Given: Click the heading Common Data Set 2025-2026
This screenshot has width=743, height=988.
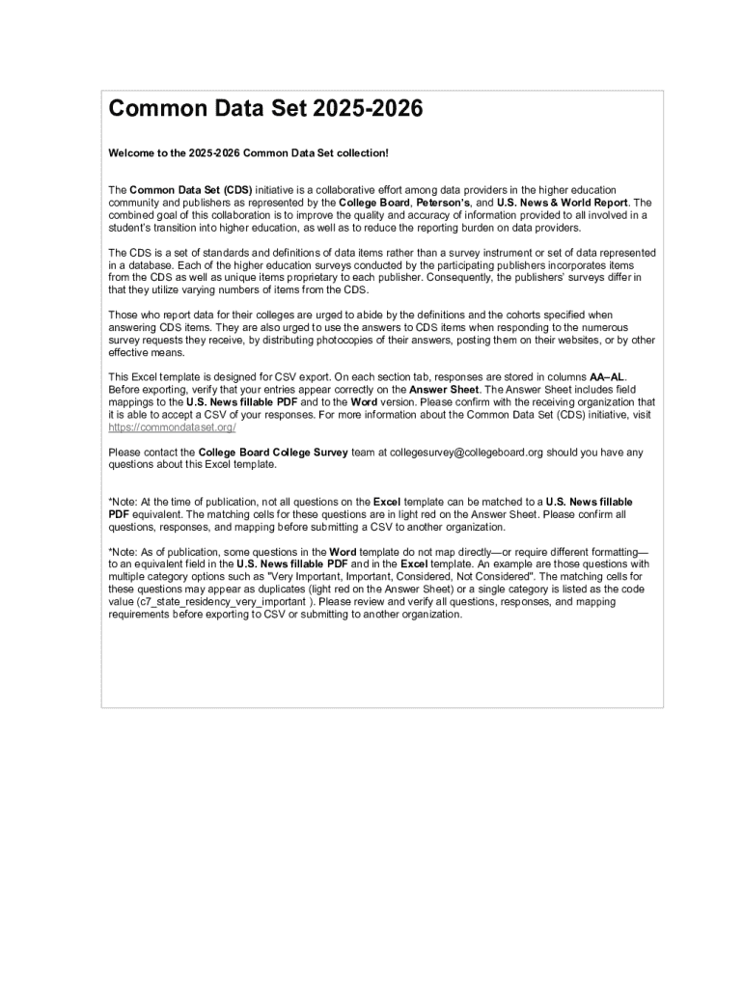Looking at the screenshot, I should [265, 110].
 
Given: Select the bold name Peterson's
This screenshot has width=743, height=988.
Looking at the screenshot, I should [443, 204].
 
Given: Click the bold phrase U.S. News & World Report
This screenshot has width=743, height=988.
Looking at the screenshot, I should [562, 204].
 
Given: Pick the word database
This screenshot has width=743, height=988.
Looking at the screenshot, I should [143, 265].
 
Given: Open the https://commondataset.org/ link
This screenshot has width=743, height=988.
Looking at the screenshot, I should [172, 427].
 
